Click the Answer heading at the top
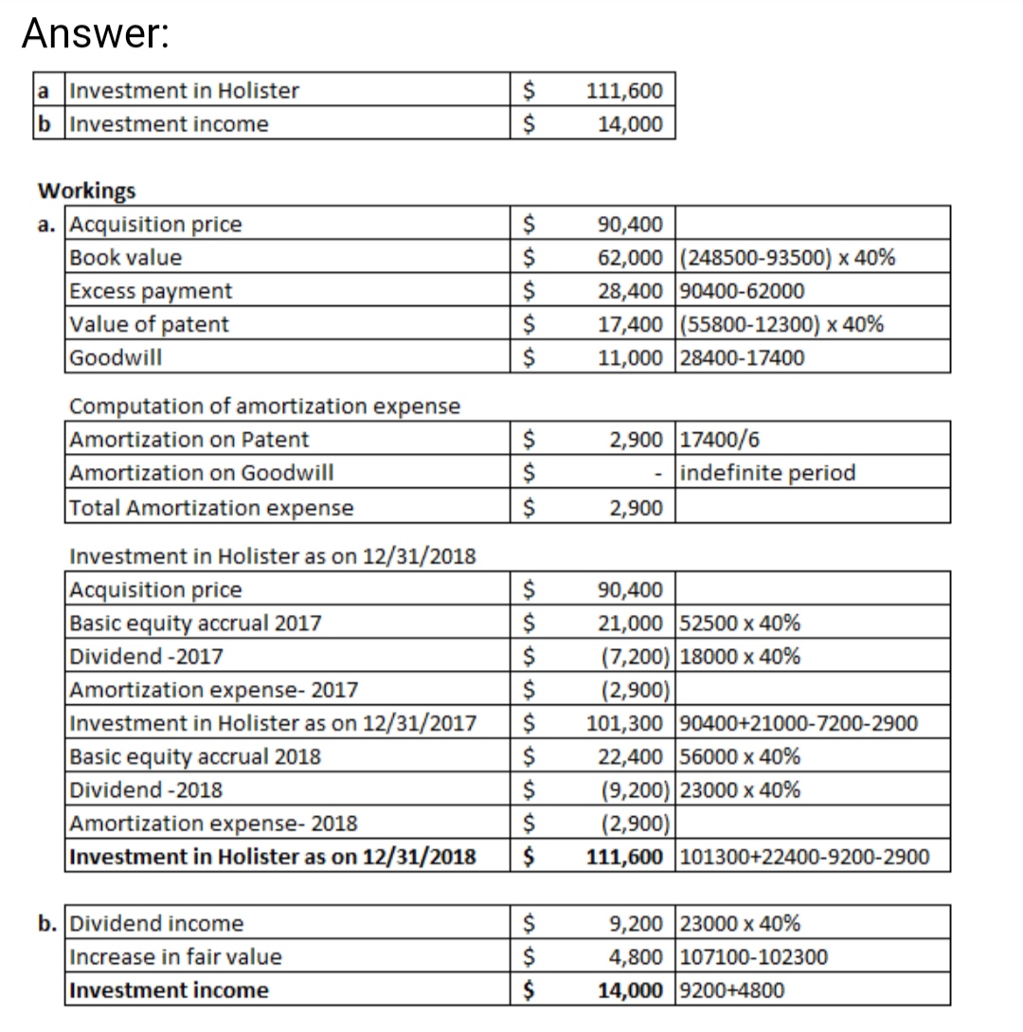tap(96, 34)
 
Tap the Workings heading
tap(86, 190)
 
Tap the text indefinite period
tap(768, 473)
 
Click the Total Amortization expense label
tap(212, 508)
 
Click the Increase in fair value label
tap(177, 957)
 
